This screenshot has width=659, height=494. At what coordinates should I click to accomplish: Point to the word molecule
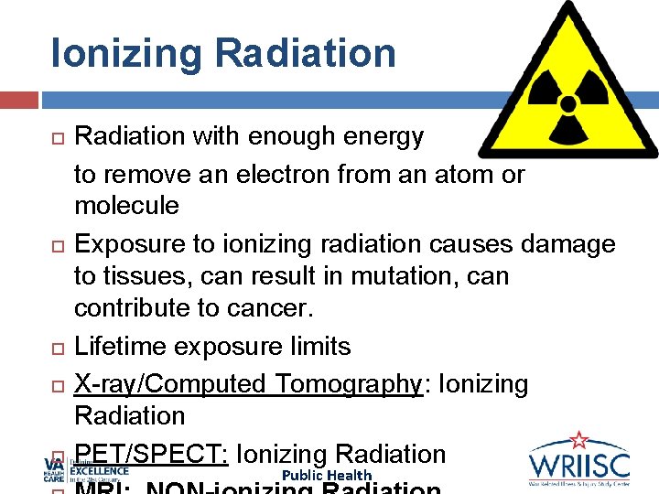tap(126, 206)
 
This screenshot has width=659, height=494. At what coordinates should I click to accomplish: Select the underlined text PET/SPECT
tap(152, 454)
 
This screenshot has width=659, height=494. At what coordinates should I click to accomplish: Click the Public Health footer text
tap(327, 475)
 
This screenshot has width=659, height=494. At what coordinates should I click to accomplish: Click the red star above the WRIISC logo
tap(578, 440)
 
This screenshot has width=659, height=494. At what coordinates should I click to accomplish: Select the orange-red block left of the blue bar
tap(18, 100)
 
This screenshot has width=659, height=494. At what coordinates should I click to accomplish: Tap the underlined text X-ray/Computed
tap(157, 384)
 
